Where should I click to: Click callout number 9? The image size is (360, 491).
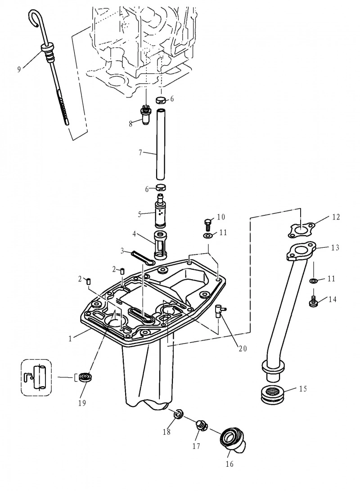[19, 69]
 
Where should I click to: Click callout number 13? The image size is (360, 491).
[335, 247]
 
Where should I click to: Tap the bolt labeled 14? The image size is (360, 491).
[313, 300]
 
